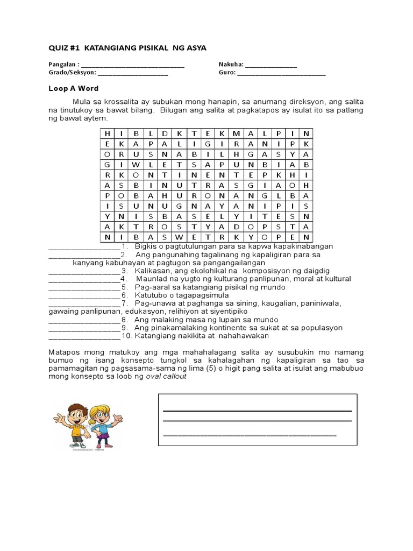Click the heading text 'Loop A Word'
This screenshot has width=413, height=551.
74,88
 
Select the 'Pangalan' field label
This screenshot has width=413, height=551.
62,65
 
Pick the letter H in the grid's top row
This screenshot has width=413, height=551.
107,133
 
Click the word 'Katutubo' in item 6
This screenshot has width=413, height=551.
151,295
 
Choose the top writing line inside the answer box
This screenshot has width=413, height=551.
257,411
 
